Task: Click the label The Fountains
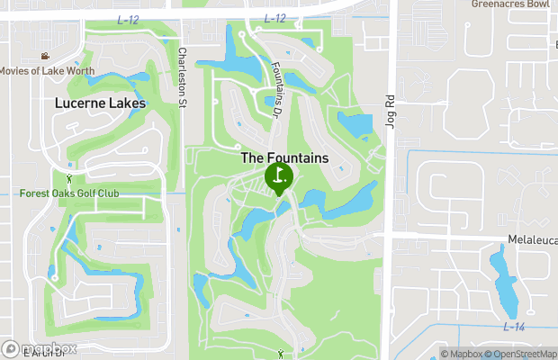[284, 157]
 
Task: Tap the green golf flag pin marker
[279, 177]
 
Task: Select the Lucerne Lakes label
[99, 103]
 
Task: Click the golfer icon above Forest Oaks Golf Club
[68, 180]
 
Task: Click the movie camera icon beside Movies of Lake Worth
[45, 57]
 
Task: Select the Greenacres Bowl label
[509, 4]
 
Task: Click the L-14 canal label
[514, 326]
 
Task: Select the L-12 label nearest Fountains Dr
[275, 19]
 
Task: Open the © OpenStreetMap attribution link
[521, 354]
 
